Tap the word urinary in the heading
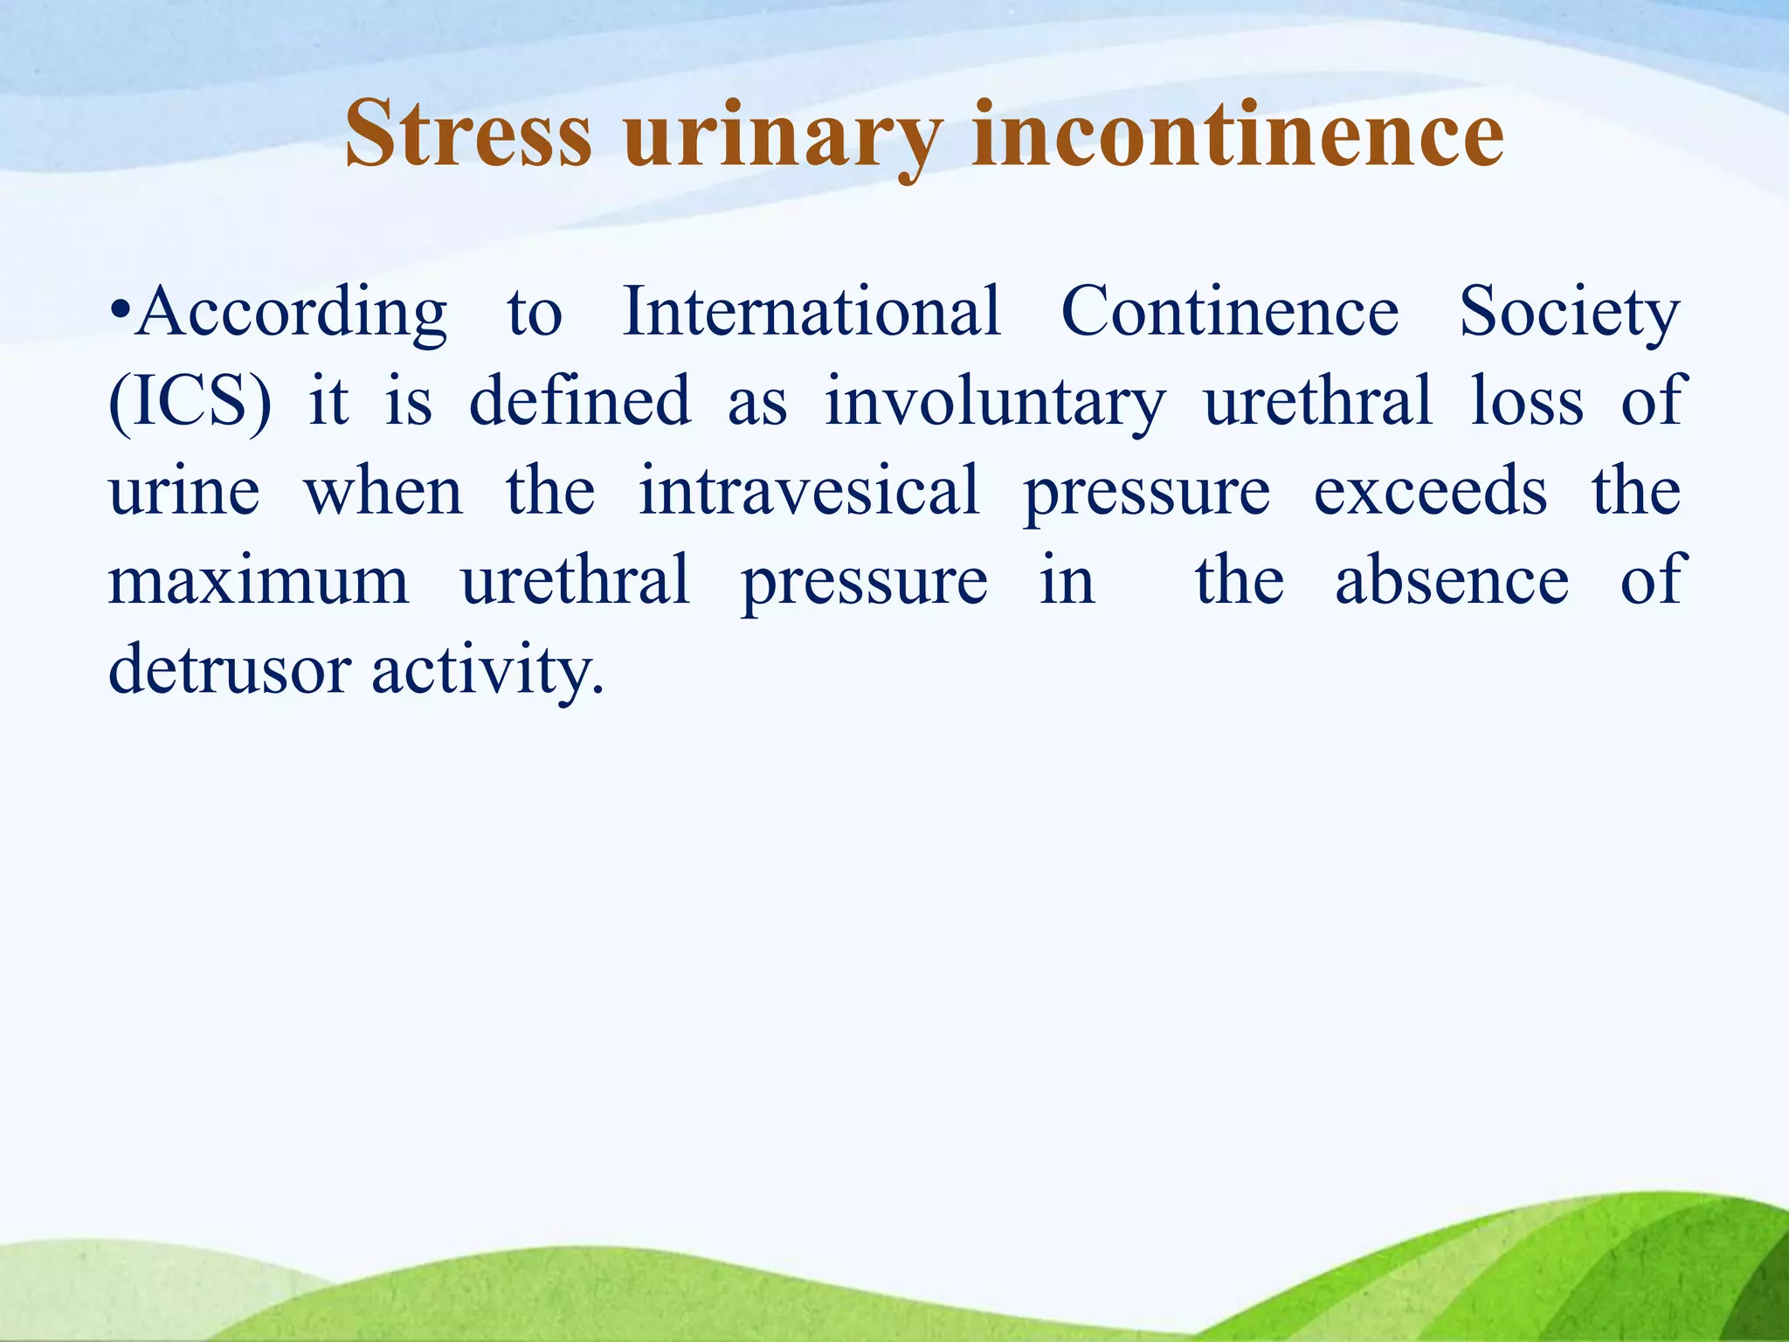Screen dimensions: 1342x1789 click(782, 138)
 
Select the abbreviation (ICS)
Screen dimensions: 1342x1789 click(190, 402)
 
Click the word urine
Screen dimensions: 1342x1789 click(184, 492)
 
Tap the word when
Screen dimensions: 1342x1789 click(383, 492)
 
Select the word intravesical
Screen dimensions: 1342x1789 click(809, 490)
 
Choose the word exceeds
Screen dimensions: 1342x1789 click(1431, 492)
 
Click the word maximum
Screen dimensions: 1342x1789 click(259, 582)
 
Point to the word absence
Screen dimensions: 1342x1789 click(1452, 580)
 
